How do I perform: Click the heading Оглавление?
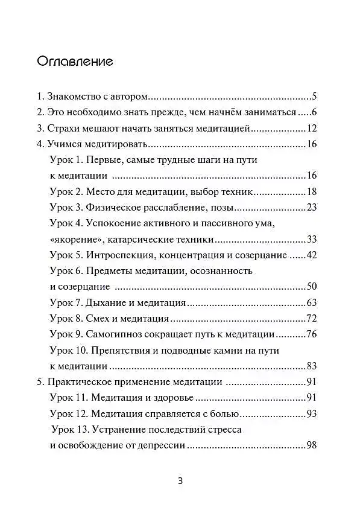coord(75,62)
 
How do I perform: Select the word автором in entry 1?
coord(130,97)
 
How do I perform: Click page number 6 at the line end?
coord(314,112)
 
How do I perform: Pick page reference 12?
coord(312,128)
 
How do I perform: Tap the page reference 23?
coord(312,208)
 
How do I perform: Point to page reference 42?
coord(312,255)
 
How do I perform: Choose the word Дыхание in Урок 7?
coord(107,302)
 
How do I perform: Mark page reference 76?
coord(312,334)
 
